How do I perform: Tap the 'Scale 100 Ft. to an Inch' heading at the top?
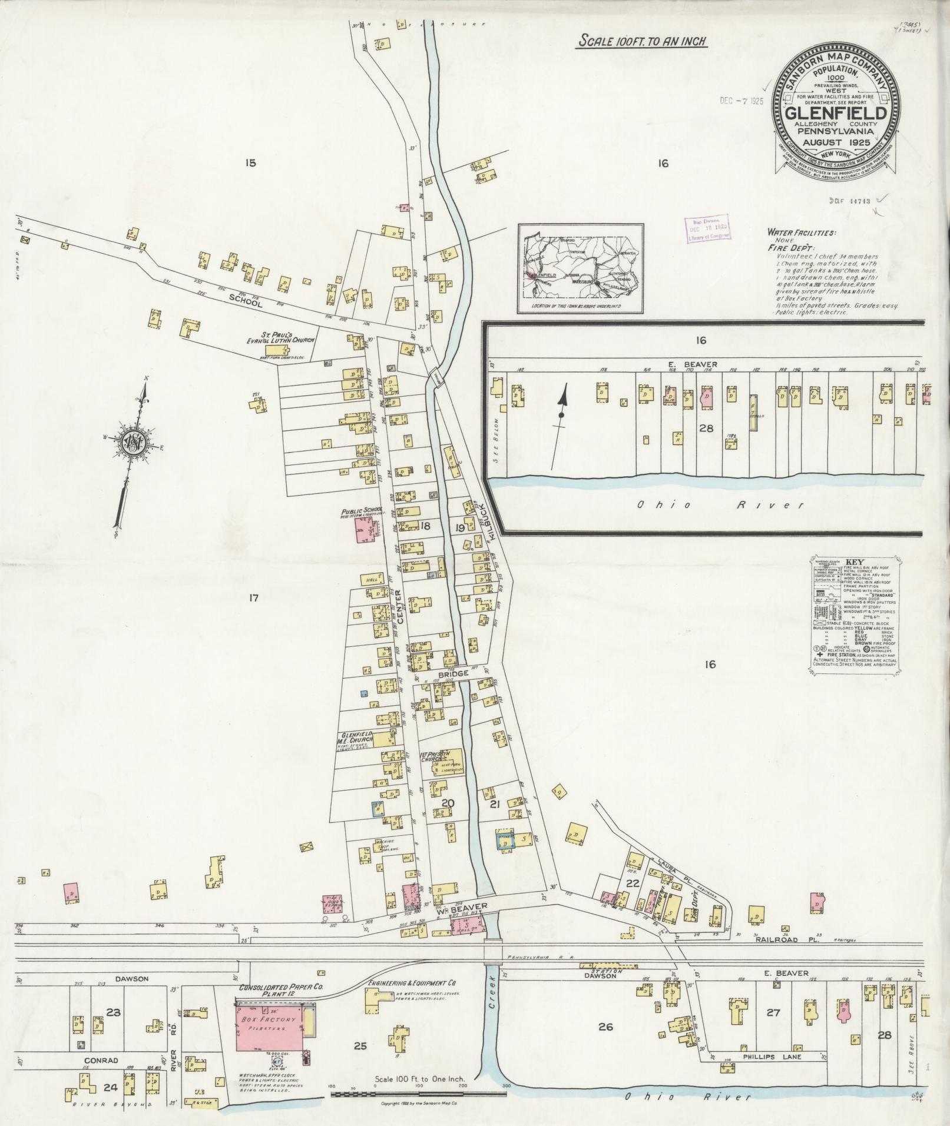point(642,41)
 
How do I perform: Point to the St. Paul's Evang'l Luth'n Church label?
point(282,340)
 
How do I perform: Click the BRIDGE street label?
point(452,673)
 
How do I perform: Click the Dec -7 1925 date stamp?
point(741,101)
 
